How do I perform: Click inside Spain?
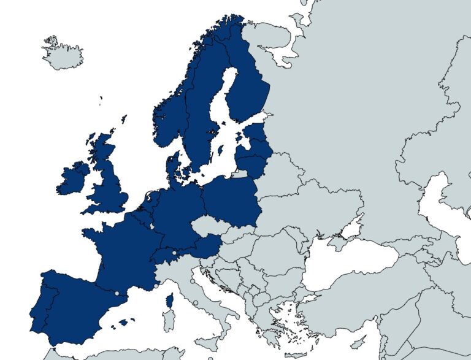click(x=74, y=307)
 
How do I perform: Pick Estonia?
click(x=256, y=134)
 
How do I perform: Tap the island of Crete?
click(x=294, y=354)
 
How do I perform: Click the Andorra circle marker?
click(x=117, y=293)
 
